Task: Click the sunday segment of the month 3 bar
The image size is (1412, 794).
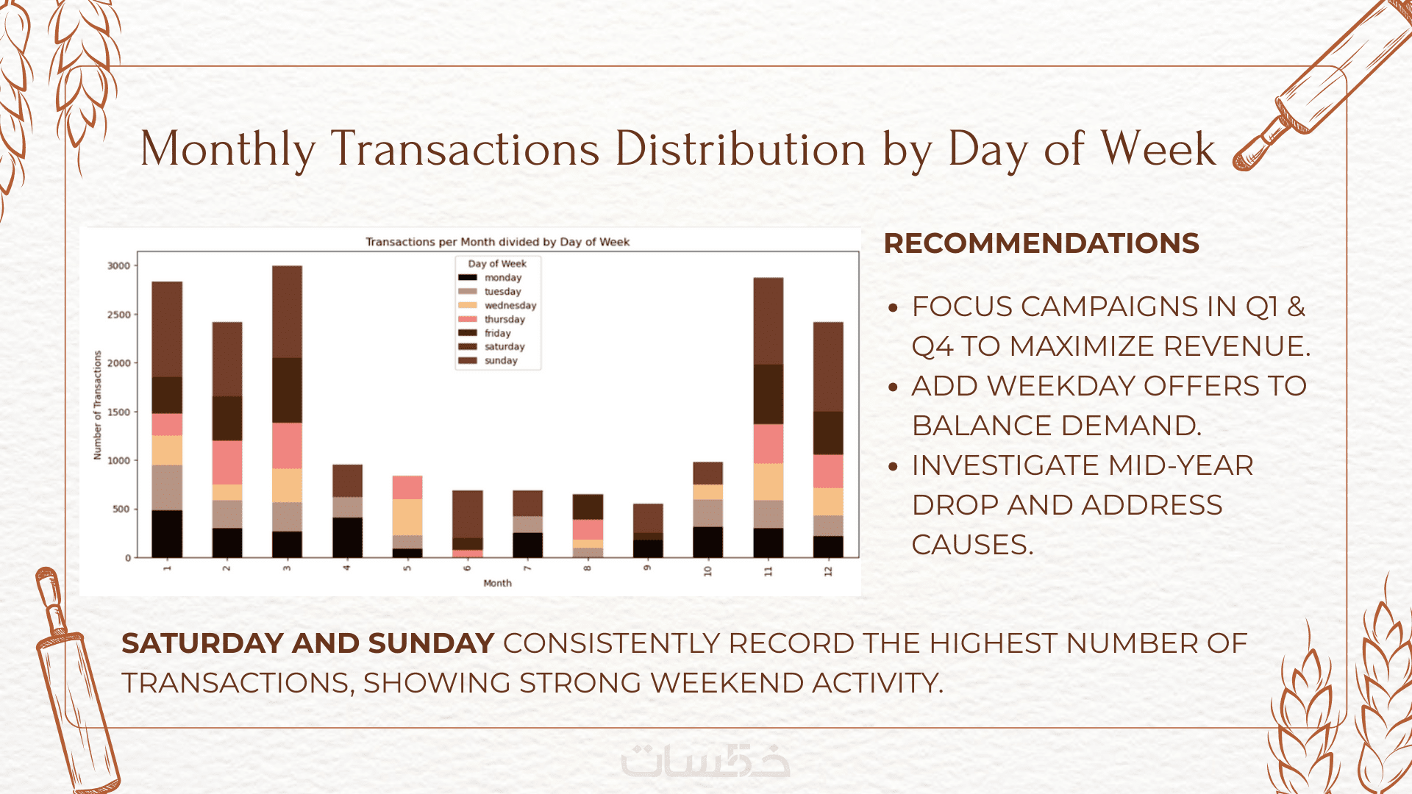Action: click(287, 312)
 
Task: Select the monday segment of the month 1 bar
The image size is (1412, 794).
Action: click(167, 533)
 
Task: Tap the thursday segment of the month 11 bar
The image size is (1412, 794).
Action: click(768, 443)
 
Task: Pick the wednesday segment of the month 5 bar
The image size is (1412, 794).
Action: click(407, 517)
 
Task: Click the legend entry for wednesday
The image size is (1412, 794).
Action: click(510, 305)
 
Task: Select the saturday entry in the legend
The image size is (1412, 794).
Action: click(504, 346)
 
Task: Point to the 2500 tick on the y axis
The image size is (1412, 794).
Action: click(118, 315)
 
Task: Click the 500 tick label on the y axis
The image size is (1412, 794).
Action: click(121, 509)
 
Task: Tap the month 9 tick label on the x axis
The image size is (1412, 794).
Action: click(647, 568)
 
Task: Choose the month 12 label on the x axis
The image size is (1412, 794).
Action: click(828, 571)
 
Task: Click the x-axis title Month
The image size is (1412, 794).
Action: click(497, 583)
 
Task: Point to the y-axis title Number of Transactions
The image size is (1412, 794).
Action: click(97, 405)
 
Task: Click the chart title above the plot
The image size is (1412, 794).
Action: click(497, 242)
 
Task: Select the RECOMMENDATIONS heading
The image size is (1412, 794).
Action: click(1041, 243)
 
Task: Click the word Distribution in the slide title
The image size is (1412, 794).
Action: click(741, 149)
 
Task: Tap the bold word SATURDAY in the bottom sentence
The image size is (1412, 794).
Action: click(202, 643)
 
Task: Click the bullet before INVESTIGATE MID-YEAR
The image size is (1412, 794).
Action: click(894, 466)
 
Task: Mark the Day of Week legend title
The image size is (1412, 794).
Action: click(497, 263)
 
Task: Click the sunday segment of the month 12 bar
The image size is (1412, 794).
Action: click(828, 366)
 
